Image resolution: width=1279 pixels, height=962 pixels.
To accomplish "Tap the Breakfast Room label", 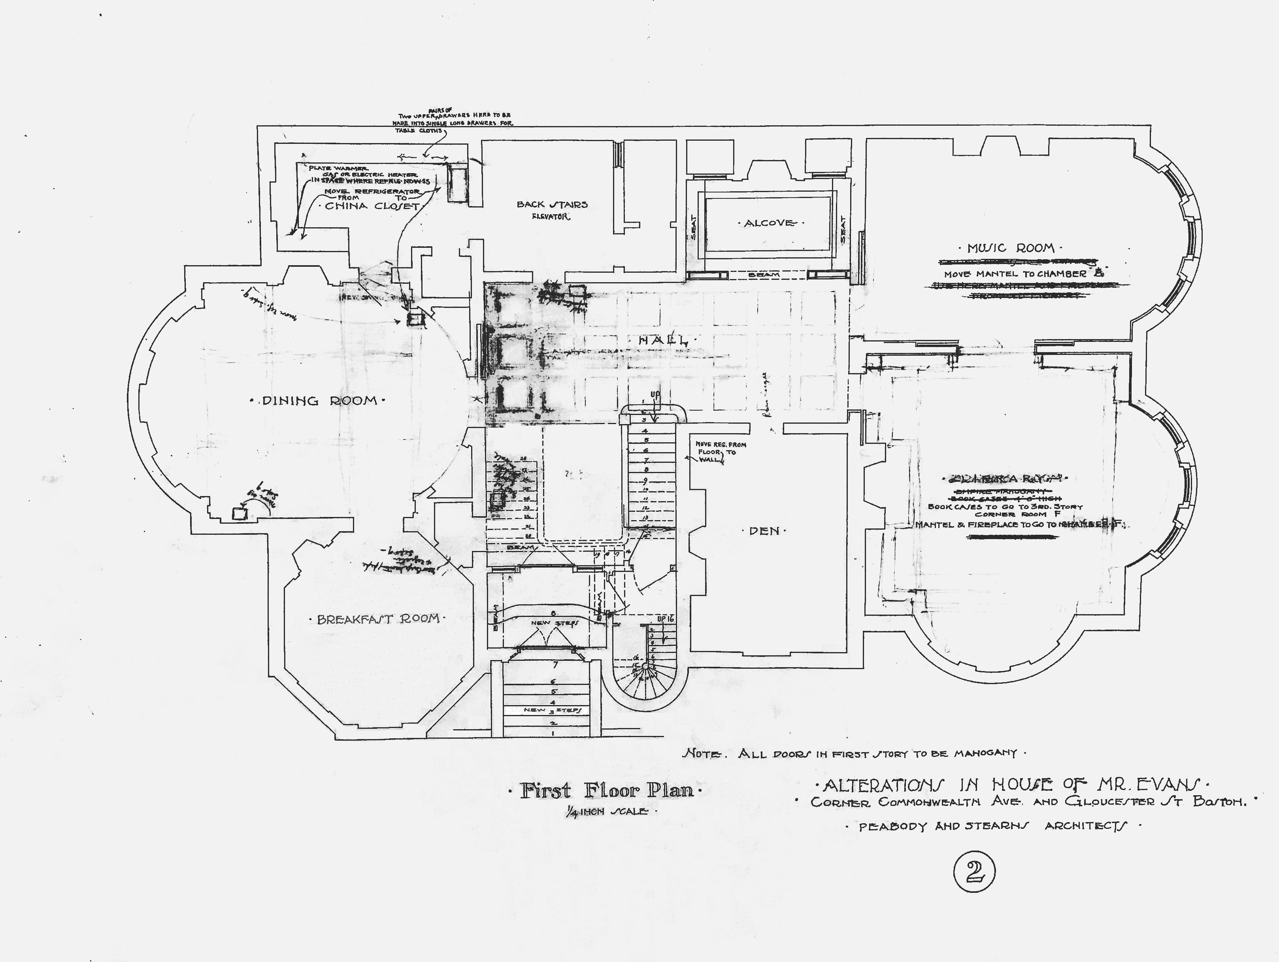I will tap(378, 619).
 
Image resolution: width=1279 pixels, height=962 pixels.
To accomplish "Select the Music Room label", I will tap(1011, 248).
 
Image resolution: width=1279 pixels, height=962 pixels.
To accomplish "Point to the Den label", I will tap(764, 531).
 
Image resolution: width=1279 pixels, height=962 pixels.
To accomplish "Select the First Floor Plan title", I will tap(607, 790).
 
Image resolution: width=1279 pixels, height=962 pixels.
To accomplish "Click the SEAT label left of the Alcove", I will tap(693, 229).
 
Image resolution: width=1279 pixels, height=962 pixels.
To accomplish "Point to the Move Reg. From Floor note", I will tap(719, 451).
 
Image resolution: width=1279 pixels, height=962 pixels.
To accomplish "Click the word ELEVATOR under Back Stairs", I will tap(551, 217).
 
